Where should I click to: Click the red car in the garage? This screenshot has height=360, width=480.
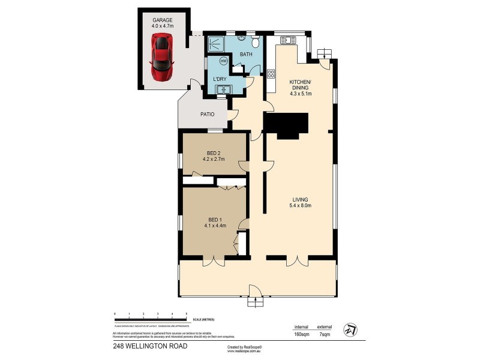pos(161,57)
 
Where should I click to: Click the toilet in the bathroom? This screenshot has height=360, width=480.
pos(256,41)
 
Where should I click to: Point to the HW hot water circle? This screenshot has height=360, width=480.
pos(224,61)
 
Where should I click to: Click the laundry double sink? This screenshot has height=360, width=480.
pos(224,89)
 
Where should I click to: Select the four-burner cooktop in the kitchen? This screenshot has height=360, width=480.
pos(271,74)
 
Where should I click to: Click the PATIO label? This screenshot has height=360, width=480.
pos(208,114)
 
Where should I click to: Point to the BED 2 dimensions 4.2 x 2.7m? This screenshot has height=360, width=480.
pos(212,159)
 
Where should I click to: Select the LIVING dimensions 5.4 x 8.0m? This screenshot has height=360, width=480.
pos(300,207)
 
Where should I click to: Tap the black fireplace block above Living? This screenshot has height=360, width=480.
pos(286,124)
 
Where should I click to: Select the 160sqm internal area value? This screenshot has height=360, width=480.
pos(301,335)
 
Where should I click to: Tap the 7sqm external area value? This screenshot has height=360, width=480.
pos(325,335)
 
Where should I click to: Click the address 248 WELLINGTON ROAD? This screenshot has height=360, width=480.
pos(142,347)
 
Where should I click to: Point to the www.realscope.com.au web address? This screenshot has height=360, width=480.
pos(242,352)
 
